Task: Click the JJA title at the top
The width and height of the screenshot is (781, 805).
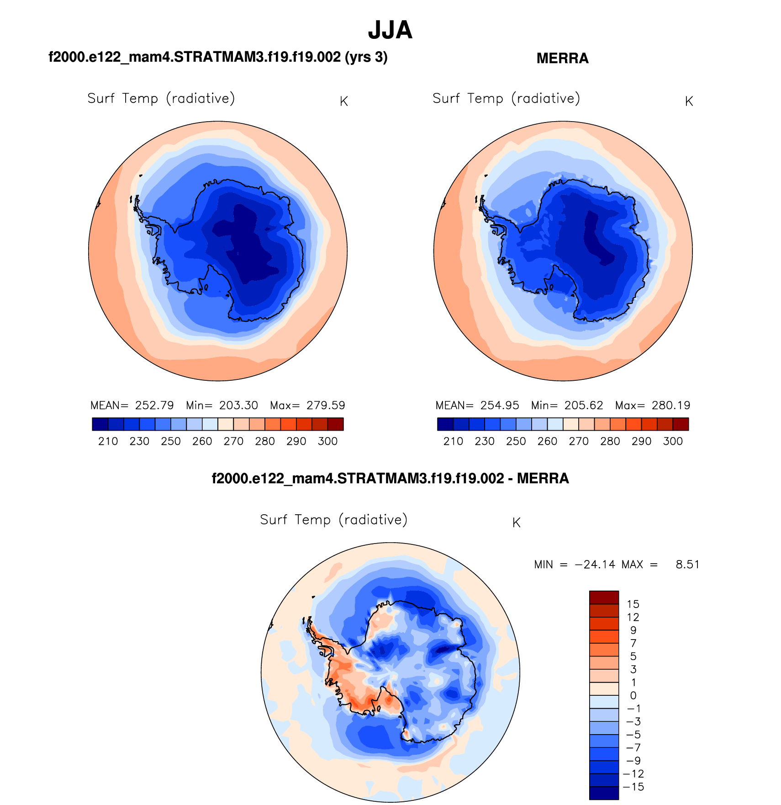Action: click(390, 30)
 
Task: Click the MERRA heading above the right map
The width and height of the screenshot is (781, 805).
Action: click(562, 59)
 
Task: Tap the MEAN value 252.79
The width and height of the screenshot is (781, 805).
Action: click(154, 405)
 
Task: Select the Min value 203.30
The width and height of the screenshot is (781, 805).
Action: click(238, 405)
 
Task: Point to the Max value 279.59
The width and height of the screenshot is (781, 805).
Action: click(326, 405)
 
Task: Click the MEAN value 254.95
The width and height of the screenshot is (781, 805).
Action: click(500, 405)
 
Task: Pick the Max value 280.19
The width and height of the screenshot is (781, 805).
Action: click(671, 405)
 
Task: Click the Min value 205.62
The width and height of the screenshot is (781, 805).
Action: click(584, 405)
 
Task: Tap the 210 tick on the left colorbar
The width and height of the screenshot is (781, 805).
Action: click(108, 442)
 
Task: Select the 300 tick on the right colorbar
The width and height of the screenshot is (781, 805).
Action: click(673, 442)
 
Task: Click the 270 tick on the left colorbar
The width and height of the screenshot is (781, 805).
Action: click(233, 442)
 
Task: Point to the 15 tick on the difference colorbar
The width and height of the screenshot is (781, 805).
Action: click(633, 604)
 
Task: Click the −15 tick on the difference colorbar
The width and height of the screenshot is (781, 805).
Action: click(633, 787)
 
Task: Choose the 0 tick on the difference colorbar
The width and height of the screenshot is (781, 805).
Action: click(633, 696)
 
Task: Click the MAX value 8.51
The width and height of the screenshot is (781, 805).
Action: click(687, 565)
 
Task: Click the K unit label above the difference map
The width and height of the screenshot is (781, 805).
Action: click(516, 523)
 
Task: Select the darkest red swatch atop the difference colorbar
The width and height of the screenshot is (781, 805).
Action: click(604, 597)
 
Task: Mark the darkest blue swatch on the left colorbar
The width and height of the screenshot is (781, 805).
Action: click(100, 424)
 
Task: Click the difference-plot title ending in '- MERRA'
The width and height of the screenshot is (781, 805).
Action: click(390, 479)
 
